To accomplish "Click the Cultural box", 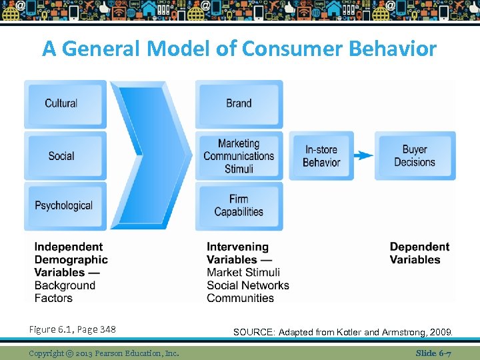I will pos(65,103).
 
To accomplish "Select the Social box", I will pos(65,155).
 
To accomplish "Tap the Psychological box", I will pos(65,206).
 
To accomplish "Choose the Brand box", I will pos(239,103).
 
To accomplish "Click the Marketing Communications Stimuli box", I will pos(239,155).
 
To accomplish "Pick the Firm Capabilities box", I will pos(239,206).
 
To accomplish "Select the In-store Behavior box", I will pos(321,155).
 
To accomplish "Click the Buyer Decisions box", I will pos(415,155).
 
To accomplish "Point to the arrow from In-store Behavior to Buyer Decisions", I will pos(363,155).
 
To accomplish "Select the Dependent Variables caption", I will pos(419,253).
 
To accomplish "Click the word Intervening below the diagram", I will pos(237,247).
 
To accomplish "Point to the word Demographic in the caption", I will pos(71,259).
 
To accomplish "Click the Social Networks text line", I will pos(247,285).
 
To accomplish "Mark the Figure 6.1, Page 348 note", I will pos(72,329).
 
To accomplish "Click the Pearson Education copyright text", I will pos(104,353).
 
